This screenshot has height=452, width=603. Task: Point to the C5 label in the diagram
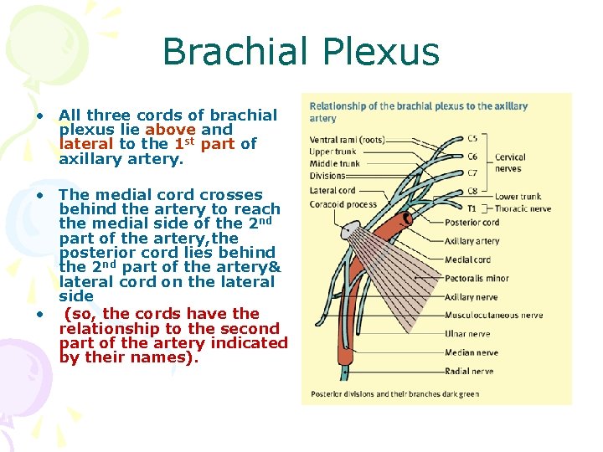point(472,138)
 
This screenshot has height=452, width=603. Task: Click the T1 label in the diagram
point(472,208)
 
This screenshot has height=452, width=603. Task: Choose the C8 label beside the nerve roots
point(472,191)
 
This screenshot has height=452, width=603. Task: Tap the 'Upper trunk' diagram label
point(332,152)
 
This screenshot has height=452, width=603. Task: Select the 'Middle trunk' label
point(334,164)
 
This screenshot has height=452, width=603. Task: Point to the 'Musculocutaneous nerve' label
point(493,316)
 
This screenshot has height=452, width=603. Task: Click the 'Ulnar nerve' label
point(467,334)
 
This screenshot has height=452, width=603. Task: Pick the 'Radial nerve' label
point(469,371)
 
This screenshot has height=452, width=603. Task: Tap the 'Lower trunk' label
point(517,197)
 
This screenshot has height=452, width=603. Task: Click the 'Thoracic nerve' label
point(523,208)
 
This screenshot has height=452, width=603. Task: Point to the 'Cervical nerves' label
point(511,162)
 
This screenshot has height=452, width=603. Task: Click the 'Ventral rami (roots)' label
point(348,139)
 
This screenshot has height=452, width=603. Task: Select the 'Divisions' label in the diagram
point(327,176)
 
